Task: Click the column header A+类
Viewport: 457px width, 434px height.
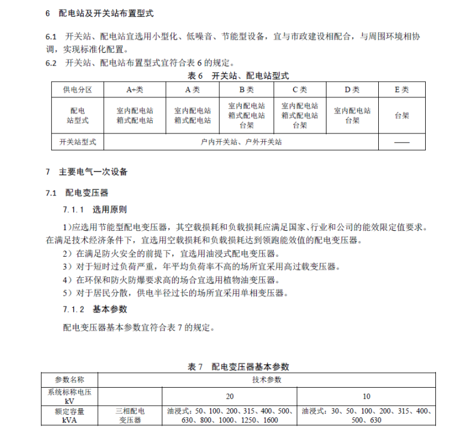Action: [x=134, y=90]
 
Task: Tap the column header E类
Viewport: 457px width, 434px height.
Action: [x=401, y=90]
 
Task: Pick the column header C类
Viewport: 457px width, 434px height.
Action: [x=299, y=90]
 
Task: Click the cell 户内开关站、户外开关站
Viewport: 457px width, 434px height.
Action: [x=241, y=142]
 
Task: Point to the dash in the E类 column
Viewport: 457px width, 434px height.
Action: [x=401, y=143]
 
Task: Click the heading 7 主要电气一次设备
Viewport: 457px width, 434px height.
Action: [x=87, y=171]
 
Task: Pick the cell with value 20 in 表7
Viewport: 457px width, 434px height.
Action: [x=230, y=396]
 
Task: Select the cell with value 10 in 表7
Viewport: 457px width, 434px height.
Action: [x=366, y=396]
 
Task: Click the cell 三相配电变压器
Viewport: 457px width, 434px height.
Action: [x=129, y=416]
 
